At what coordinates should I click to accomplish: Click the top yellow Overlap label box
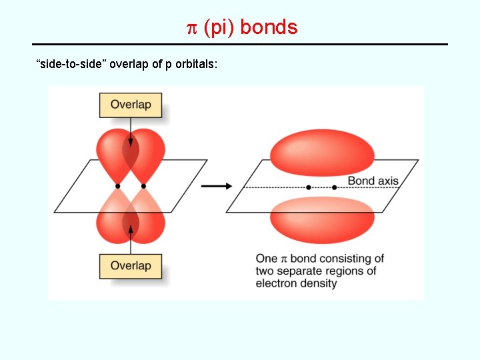click(x=130, y=105)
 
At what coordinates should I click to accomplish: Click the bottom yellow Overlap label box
click(x=130, y=266)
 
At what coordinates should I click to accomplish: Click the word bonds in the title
click(x=269, y=28)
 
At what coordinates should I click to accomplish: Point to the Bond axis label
click(x=373, y=181)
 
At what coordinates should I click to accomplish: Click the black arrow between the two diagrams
click(x=212, y=186)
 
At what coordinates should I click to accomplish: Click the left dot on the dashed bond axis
click(x=309, y=187)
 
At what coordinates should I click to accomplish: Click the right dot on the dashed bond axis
click(x=334, y=187)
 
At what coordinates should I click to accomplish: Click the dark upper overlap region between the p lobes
click(x=131, y=154)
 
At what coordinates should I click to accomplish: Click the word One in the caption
click(x=267, y=259)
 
